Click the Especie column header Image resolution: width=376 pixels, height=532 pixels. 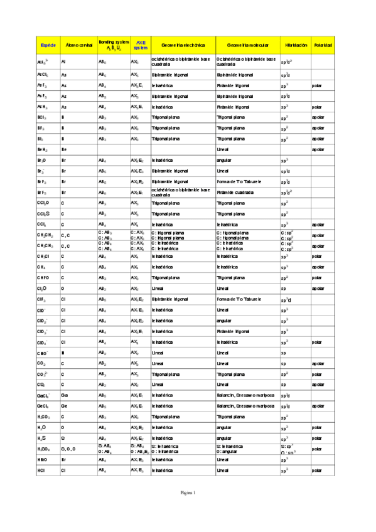pyautogui.click(x=48, y=46)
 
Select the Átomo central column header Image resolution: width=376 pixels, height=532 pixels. pyautogui.click(x=78, y=46)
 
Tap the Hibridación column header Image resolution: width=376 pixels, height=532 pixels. pyautogui.click(x=296, y=46)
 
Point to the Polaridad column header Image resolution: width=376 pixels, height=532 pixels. pyautogui.click(x=324, y=46)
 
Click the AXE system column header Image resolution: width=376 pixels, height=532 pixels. pyautogui.click(x=141, y=46)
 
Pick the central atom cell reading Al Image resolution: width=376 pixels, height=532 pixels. pyautogui.click(x=63, y=63)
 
